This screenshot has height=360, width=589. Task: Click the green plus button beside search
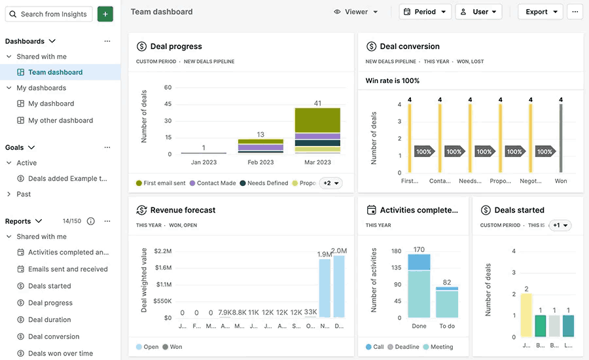105,14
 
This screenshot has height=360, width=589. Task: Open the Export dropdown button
540,12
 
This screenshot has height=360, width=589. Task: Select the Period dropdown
425,12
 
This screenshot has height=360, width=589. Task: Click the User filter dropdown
478,12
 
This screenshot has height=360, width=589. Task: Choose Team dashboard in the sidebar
55,72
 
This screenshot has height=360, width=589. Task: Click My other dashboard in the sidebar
60,120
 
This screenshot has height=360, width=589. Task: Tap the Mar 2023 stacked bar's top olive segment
317,120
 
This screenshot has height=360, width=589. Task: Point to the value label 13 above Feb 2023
260,134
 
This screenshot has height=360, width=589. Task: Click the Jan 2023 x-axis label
204,162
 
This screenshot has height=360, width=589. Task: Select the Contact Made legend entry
216,183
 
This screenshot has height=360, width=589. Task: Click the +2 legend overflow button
330,183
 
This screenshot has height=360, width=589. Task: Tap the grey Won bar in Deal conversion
560,138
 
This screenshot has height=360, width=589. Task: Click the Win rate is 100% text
393,81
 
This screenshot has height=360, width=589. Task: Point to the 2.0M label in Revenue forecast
339,251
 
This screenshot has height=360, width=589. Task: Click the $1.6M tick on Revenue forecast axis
163,268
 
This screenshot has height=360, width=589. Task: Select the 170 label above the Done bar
419,249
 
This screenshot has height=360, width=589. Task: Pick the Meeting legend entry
442,347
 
